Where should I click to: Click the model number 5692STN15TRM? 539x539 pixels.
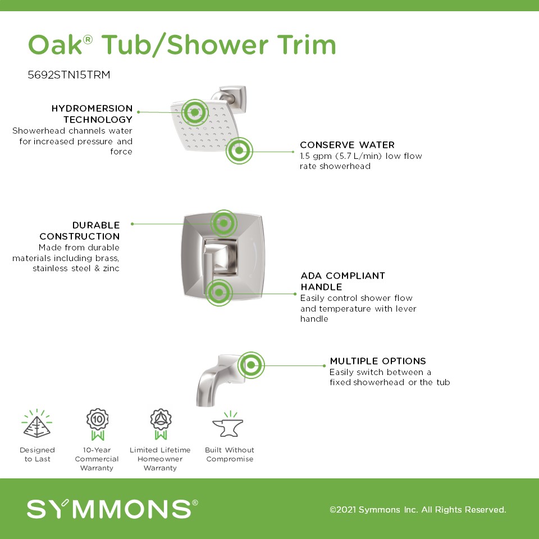68,75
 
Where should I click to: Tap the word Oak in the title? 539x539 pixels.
55,45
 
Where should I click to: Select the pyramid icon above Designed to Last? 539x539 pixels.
37,423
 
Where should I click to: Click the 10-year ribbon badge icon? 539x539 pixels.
97,424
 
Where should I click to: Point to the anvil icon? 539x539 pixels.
229,425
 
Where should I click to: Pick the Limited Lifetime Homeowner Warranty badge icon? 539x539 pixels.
161,424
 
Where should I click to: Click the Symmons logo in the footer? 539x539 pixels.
112,509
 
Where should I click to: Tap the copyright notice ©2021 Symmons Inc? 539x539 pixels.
418,509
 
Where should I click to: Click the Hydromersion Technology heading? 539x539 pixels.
92,114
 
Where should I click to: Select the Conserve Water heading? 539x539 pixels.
347,145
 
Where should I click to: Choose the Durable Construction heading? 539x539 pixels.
79,231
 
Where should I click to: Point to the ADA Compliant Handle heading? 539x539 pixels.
342,281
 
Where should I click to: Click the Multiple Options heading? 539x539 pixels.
378,361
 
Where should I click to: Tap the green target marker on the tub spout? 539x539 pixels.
251,365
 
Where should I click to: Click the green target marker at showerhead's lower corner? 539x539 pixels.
239,150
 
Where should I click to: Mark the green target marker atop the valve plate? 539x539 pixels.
223,223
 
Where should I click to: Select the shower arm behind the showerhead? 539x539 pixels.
229,97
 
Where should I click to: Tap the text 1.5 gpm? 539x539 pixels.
316,157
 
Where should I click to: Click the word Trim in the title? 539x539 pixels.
307,45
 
